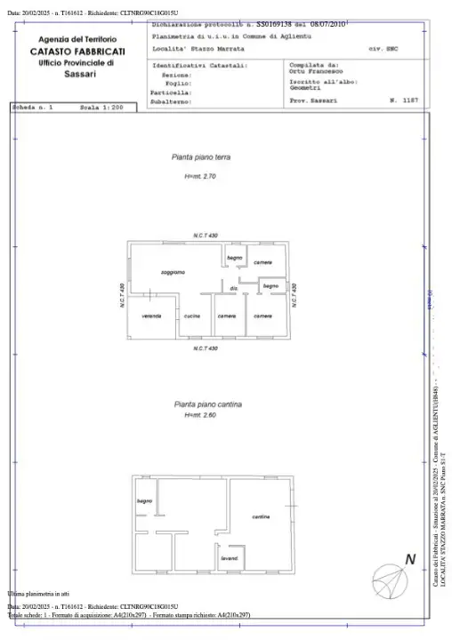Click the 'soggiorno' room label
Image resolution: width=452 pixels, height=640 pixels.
point(173,271)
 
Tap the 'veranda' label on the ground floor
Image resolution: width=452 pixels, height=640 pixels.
point(151,316)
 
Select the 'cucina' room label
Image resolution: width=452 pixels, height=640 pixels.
point(191,316)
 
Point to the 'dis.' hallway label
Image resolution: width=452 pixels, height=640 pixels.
point(233,288)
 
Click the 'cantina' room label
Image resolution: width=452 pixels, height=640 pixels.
point(260,516)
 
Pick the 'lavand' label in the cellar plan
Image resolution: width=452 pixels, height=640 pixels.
point(230,557)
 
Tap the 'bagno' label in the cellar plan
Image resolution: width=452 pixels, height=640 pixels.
point(145,502)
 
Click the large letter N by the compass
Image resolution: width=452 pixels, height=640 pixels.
point(410,559)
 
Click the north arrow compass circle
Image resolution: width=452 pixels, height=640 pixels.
point(390,580)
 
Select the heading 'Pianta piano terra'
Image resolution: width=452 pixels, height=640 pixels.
point(200,156)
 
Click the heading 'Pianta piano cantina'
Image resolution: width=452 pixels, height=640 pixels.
point(204,403)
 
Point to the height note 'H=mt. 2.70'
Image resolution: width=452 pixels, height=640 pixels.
point(200,177)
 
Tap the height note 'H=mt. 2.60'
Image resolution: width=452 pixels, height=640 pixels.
point(200,415)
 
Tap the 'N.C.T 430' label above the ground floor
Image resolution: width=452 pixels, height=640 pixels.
point(206,235)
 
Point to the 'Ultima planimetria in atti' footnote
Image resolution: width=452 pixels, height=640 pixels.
point(38,592)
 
